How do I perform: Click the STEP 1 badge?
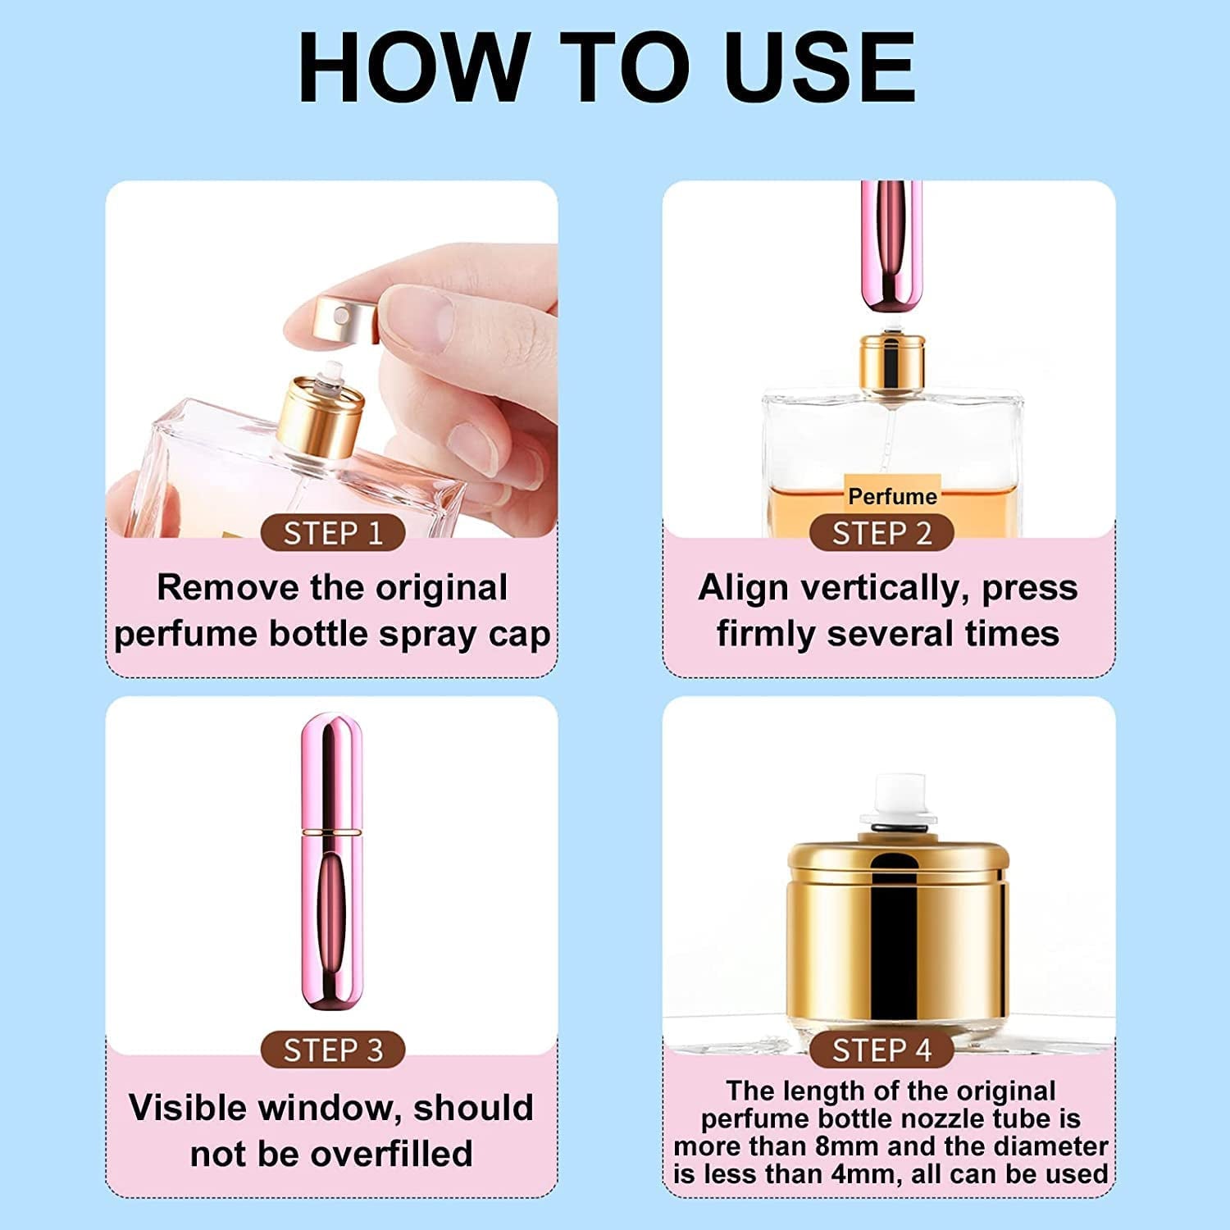[333, 534]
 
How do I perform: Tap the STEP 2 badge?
[881, 534]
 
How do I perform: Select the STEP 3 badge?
[333, 1050]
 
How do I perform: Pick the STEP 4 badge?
[881, 1050]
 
